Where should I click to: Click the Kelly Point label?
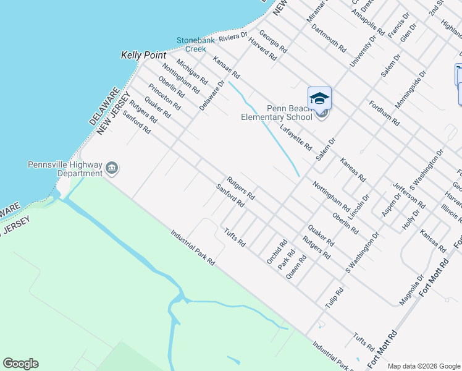point(143,55)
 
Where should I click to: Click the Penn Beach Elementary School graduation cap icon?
point(319,98)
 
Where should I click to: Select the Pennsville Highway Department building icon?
point(112,168)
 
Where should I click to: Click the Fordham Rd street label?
point(384,113)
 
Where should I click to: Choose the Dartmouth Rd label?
point(329,37)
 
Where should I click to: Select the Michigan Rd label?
point(192,72)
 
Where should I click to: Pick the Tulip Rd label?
point(334,299)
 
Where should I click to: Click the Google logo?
point(20,364)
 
